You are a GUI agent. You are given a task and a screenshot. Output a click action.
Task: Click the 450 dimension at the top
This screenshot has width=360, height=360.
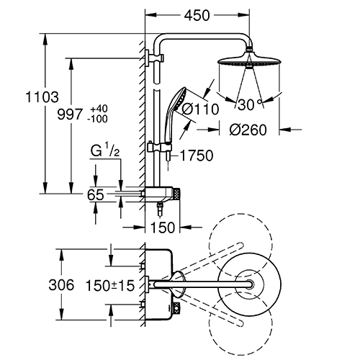[197, 16]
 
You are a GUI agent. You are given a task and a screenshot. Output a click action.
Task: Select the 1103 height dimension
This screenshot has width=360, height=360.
[42, 97]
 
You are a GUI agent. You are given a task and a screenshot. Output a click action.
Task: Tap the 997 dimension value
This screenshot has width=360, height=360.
[70, 114]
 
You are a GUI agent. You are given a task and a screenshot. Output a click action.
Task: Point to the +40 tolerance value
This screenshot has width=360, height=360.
[99, 109]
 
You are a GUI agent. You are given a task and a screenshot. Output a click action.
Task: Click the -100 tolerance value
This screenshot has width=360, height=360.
[97, 119]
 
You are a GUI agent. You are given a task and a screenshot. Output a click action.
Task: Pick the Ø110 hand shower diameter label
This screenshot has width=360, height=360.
[200, 109]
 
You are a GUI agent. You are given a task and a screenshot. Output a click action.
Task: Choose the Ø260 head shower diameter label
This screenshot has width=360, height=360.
[248, 130]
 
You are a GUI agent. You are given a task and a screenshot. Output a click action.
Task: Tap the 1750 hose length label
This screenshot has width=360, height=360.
[197, 156]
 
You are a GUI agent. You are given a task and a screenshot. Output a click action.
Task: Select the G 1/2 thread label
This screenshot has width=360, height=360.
[105, 151]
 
